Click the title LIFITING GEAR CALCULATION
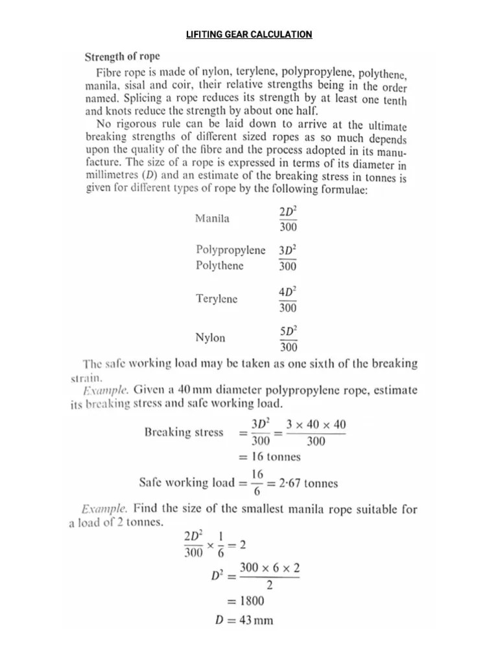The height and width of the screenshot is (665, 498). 249,34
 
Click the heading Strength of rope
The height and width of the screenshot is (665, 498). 123,56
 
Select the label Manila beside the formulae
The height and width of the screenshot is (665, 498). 212,219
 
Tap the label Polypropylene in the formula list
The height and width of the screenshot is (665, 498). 230,250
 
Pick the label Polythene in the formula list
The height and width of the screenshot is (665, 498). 220,266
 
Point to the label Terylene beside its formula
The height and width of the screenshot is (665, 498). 217,299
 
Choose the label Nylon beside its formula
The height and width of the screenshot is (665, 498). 210,338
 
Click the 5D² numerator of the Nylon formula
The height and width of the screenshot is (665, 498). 288,331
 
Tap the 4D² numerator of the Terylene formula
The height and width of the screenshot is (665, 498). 288,292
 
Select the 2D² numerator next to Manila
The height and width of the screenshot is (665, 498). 288,212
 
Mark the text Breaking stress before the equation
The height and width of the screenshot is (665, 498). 184,432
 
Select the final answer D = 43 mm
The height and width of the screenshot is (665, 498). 243,620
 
